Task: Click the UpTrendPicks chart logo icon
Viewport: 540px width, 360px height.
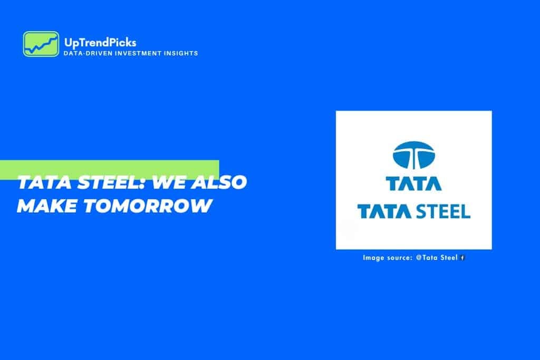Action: point(41,44)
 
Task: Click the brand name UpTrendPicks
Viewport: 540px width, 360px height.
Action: point(100,42)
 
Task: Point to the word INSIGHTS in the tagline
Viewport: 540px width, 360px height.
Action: point(181,53)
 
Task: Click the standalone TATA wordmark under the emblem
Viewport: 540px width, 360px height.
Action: point(413,183)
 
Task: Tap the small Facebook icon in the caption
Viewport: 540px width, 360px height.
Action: point(462,258)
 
